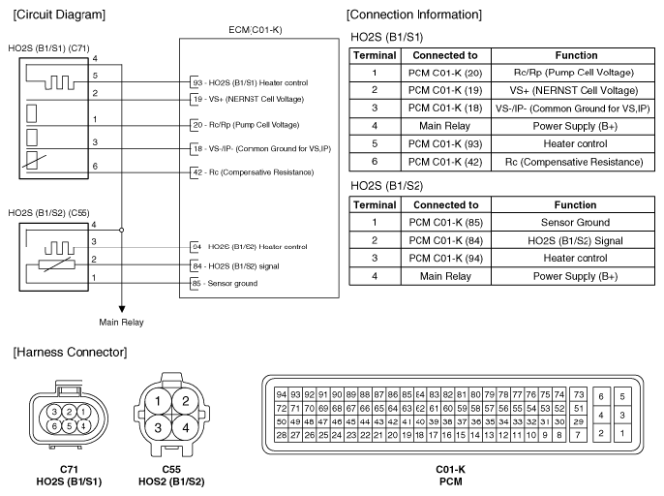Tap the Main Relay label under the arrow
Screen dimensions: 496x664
pos(123,321)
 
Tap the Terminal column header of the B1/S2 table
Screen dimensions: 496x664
pos(374,205)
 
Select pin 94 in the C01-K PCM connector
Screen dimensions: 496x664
pos(282,394)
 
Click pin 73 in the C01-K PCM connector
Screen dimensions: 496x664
pos(578,394)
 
